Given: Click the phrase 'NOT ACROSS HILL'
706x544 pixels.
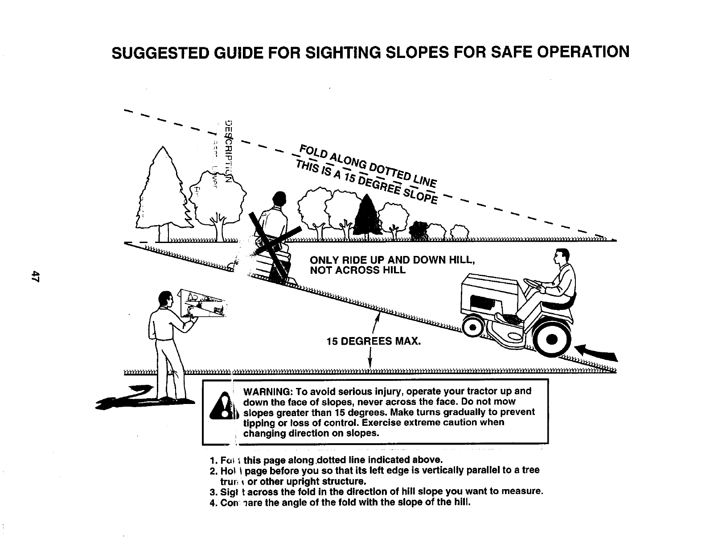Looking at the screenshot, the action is pos(357,270).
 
